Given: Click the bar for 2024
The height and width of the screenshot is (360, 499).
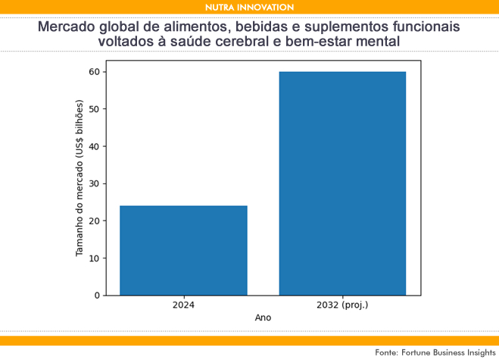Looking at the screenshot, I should [x=183, y=250].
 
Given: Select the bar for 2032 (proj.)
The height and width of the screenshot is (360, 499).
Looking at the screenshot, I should [x=342, y=183].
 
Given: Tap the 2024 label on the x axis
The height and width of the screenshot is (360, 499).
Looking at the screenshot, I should [x=183, y=305].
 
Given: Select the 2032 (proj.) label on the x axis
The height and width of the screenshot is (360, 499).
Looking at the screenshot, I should [x=342, y=305].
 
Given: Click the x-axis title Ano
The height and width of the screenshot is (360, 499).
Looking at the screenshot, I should [x=263, y=318].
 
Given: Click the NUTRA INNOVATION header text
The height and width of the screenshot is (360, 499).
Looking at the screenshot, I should [x=249, y=7].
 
